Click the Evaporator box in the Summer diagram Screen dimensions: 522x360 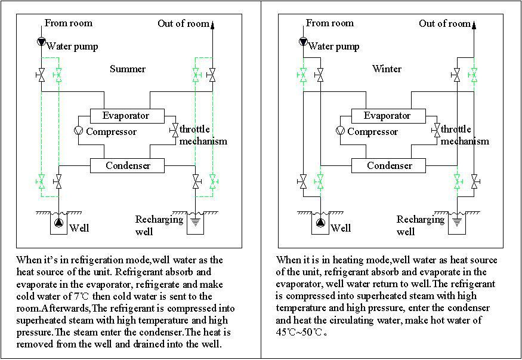click(x=127, y=116)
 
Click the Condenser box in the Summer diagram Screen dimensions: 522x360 click(x=127, y=165)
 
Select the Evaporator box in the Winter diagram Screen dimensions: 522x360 click(x=388, y=116)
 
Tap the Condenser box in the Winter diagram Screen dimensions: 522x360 click(x=388, y=165)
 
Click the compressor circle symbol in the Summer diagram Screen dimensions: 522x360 click(x=78, y=130)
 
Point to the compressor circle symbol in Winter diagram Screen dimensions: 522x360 click(x=340, y=130)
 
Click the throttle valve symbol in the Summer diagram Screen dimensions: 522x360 click(x=174, y=130)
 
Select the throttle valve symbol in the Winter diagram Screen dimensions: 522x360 click(x=435, y=130)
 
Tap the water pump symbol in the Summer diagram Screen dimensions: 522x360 click(x=41, y=42)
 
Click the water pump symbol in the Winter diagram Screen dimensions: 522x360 click(x=303, y=42)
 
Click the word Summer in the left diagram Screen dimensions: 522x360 click(x=128, y=69)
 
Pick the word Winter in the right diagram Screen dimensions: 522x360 click(x=387, y=69)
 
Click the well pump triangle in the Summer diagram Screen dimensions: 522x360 click(x=58, y=223)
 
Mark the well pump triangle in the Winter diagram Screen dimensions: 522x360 click(x=320, y=223)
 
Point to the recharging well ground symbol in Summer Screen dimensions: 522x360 click(x=196, y=221)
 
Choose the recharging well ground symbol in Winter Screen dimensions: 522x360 click(x=457, y=221)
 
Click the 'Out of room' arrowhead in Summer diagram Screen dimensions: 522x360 click(x=212, y=24)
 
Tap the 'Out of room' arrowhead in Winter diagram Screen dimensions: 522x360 click(x=474, y=24)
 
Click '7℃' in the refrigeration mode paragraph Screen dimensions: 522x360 click(x=82, y=296)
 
